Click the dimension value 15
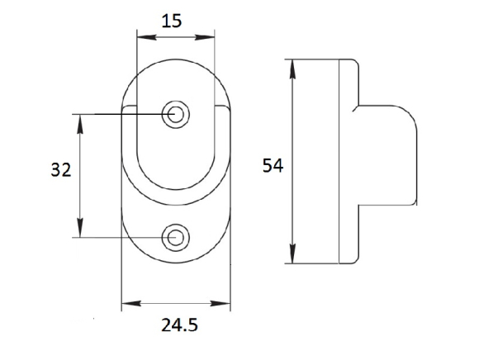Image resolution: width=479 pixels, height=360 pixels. pos(172,21)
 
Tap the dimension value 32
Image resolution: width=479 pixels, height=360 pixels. pos(61,170)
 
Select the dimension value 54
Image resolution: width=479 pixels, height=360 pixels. pos(273,166)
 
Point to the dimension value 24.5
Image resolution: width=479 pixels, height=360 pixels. pos(180,324)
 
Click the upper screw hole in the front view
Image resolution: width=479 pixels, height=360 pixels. pos(175,115)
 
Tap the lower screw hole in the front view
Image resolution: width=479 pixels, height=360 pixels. pos(175,238)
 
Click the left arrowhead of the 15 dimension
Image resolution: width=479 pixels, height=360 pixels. pos(147,37)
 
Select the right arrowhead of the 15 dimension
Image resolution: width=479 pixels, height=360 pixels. pos(205,37)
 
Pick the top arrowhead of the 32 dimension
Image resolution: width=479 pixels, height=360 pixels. pos(80,124)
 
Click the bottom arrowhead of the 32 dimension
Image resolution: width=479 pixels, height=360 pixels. pos(80,228)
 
